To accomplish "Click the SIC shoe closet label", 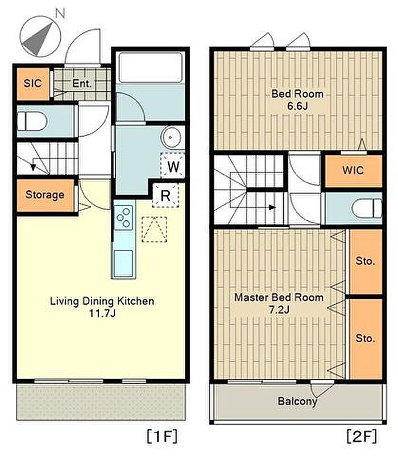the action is tap(32, 83).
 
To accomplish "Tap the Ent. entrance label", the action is tap(82, 84).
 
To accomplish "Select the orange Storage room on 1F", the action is tap(45, 195).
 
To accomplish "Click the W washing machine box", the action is tap(173, 165).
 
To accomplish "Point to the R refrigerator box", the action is tap(165, 195).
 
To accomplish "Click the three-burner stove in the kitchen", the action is tap(124, 217).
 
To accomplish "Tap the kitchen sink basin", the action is tap(123, 264).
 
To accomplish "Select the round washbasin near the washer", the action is tap(171, 137).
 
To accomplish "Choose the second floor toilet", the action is tap(367, 208).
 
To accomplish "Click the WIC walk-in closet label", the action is tap(353, 170).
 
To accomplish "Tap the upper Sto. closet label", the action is tap(365, 261).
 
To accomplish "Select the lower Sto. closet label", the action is tap(365, 339).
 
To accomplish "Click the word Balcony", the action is tap(297, 401).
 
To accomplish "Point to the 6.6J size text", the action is tap(297, 106).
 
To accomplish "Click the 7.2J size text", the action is tap(279, 310).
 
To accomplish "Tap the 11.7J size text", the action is tap(102, 314).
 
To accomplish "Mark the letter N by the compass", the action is tap(60, 13).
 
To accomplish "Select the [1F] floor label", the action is tap(162, 436).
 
